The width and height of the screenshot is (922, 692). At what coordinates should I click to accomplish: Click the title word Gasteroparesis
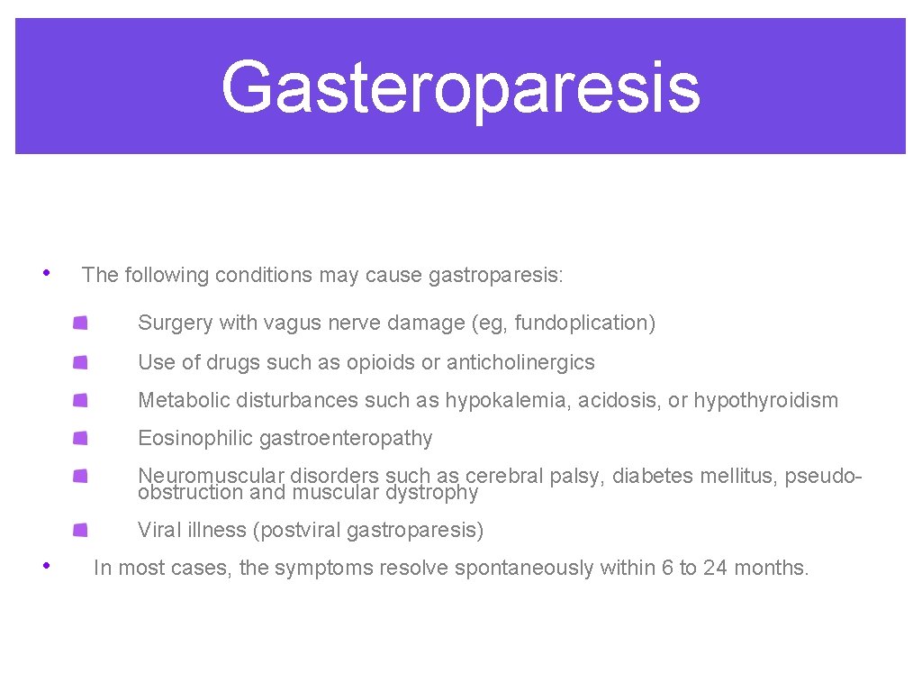pos(460,87)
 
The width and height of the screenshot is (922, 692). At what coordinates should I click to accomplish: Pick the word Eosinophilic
pos(195,439)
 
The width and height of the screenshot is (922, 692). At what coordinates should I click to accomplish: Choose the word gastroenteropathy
pos(346,439)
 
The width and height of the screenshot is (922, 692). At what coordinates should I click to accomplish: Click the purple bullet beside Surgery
pos(81,323)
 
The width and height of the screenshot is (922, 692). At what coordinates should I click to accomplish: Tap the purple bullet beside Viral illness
pos(81,530)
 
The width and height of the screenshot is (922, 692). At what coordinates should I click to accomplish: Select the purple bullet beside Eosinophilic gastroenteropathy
pos(81,438)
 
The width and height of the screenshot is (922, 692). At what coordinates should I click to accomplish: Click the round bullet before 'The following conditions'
pos(45,273)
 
